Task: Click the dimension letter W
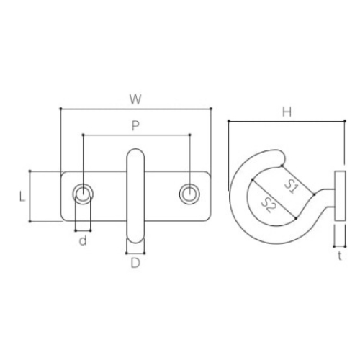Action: pos(135,99)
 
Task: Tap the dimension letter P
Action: pos(135,125)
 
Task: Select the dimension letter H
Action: pos(287,112)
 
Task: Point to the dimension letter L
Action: pos(22,197)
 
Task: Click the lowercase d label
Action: pos(83,240)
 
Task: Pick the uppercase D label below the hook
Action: pos(135,263)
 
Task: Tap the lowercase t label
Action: pos(340,256)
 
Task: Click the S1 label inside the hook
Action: pos(291,186)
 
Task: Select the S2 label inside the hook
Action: pos(267,205)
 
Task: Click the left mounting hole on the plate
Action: pos(83,194)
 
